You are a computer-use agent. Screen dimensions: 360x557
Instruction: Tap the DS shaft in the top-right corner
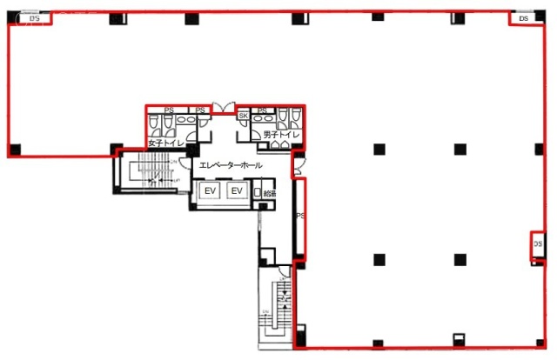point(523,17)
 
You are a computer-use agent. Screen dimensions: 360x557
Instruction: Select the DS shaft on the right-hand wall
point(537,246)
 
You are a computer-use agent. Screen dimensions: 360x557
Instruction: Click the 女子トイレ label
point(164,143)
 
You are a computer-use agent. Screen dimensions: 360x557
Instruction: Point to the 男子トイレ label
point(276,136)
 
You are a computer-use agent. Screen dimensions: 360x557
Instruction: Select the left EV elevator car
point(209,191)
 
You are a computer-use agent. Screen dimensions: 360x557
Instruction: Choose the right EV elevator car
point(236,191)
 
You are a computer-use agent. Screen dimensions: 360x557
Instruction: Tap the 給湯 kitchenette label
point(269,195)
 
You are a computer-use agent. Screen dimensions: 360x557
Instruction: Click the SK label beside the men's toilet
point(244,115)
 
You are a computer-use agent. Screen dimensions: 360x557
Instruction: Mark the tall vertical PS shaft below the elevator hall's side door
point(299,217)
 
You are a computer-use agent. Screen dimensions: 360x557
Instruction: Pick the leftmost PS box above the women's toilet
point(169,110)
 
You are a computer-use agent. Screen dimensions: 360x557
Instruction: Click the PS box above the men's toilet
point(262,110)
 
